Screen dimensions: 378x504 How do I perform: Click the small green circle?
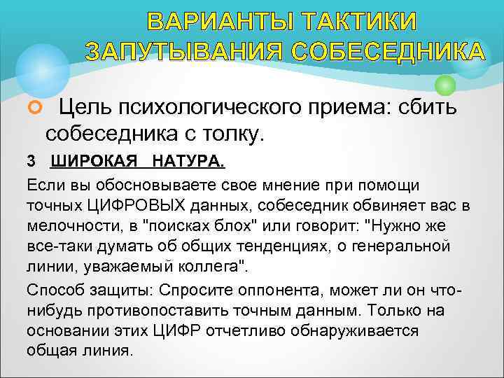445,85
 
